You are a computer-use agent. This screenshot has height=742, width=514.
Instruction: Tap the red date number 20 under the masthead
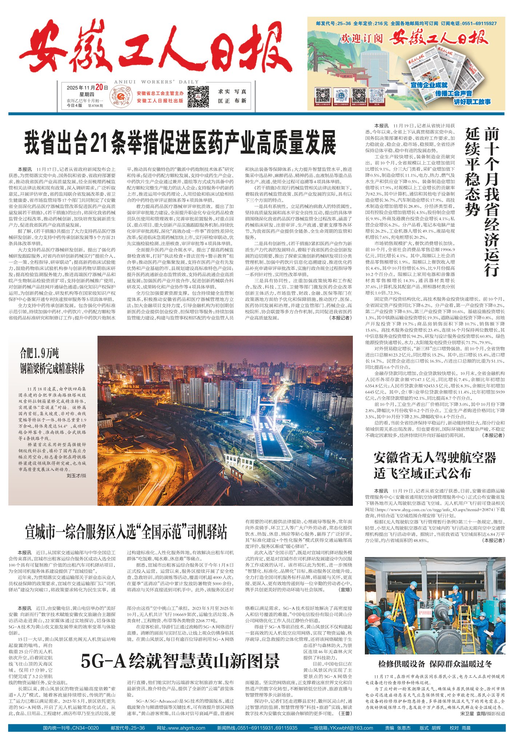click(x=99, y=88)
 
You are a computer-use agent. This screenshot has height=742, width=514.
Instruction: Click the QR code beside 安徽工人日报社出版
click(x=198, y=97)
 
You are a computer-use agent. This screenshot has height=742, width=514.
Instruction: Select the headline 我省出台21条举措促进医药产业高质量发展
click(x=180, y=143)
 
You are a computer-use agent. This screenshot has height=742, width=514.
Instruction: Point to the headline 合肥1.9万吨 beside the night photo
click(x=39, y=353)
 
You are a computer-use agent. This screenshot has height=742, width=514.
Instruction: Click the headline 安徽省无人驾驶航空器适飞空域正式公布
click(x=435, y=465)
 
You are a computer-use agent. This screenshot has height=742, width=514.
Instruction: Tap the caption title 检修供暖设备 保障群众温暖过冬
click(x=435, y=664)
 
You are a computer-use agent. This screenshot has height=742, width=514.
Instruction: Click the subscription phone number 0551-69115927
click(x=479, y=23)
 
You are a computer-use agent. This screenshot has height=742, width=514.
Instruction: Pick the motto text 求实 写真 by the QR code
click(x=232, y=92)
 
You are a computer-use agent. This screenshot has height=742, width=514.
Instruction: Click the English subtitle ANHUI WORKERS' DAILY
click(x=156, y=82)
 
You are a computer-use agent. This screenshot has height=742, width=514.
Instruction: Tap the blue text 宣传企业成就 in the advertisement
click(x=429, y=85)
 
